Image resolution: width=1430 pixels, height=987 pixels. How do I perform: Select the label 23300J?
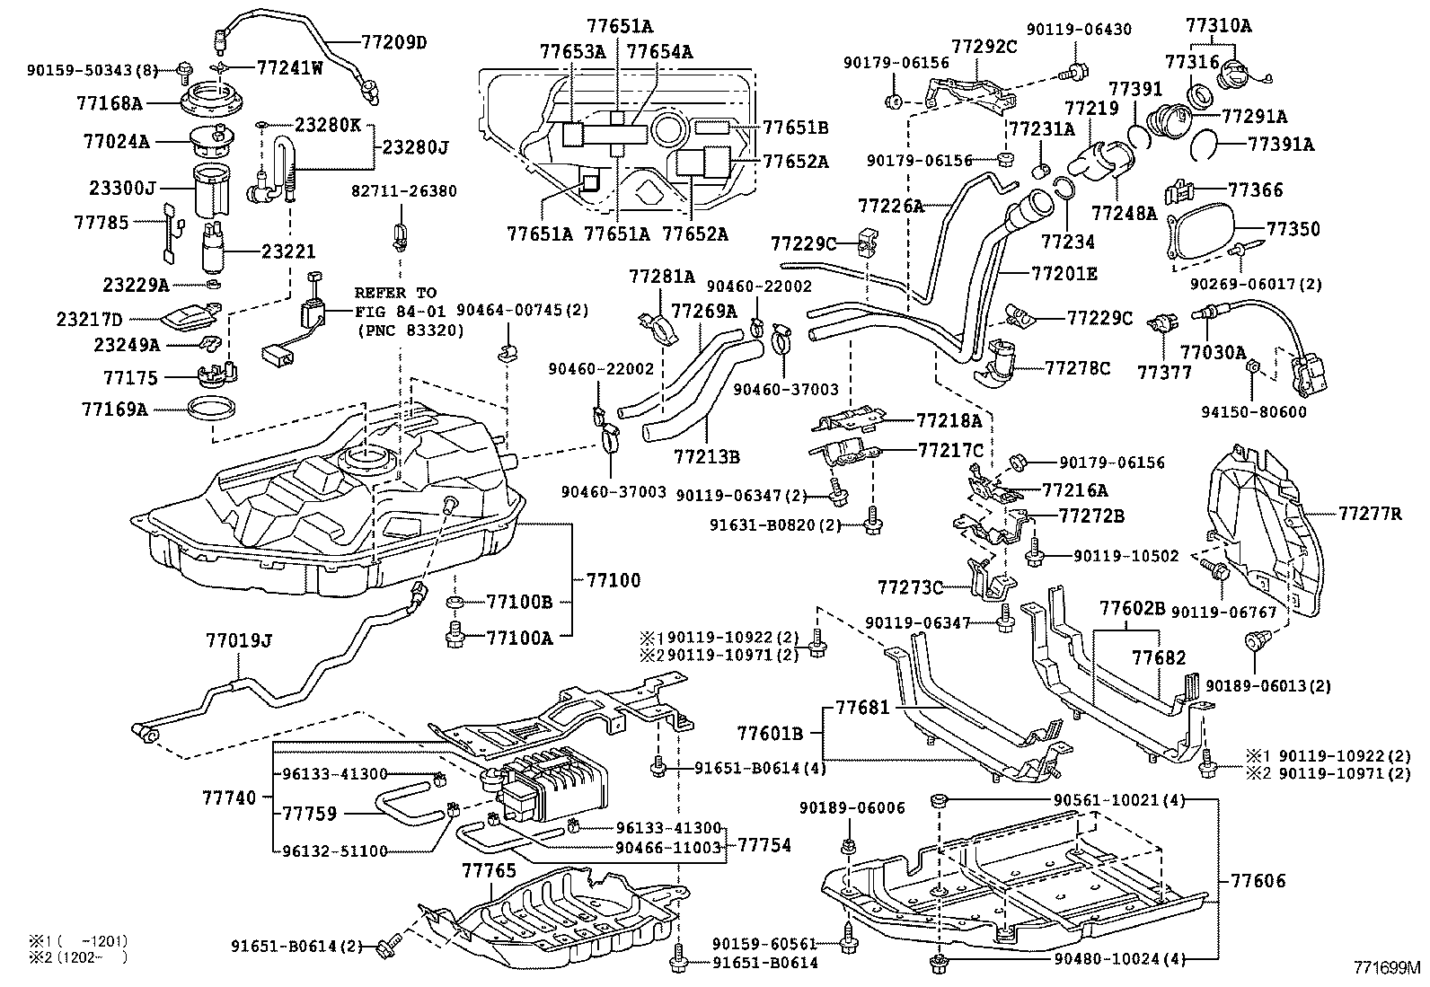pyautogui.click(x=122, y=189)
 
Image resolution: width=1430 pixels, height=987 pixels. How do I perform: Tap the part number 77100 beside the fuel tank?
pyautogui.click(x=614, y=579)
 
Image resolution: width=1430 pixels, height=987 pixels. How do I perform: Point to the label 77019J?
pyautogui.click(x=238, y=640)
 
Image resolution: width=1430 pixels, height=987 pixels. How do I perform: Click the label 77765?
pyautogui.click(x=490, y=870)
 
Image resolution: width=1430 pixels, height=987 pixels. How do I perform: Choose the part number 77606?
pyautogui.click(x=1258, y=881)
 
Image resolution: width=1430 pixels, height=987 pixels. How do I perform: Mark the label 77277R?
pyautogui.click(x=1370, y=514)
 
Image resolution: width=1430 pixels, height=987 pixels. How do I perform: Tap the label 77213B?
pyautogui.click(x=707, y=456)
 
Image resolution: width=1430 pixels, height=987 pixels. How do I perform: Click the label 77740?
pyautogui.click(x=229, y=797)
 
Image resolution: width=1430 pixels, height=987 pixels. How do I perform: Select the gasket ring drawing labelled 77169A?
pyautogui.click(x=213, y=410)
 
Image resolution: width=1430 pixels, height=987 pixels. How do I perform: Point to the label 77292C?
pyautogui.click(x=984, y=46)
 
